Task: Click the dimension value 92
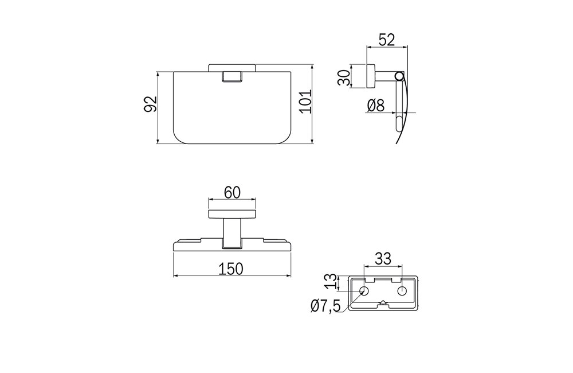(x=150, y=104)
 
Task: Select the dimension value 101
(x=305, y=101)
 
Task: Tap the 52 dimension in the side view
(x=387, y=40)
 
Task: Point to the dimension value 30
(x=344, y=77)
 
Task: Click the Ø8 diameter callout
(x=376, y=106)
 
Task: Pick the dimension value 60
(x=233, y=193)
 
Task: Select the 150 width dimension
(x=230, y=269)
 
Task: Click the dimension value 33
(x=383, y=259)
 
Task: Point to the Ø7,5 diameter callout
(x=326, y=305)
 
